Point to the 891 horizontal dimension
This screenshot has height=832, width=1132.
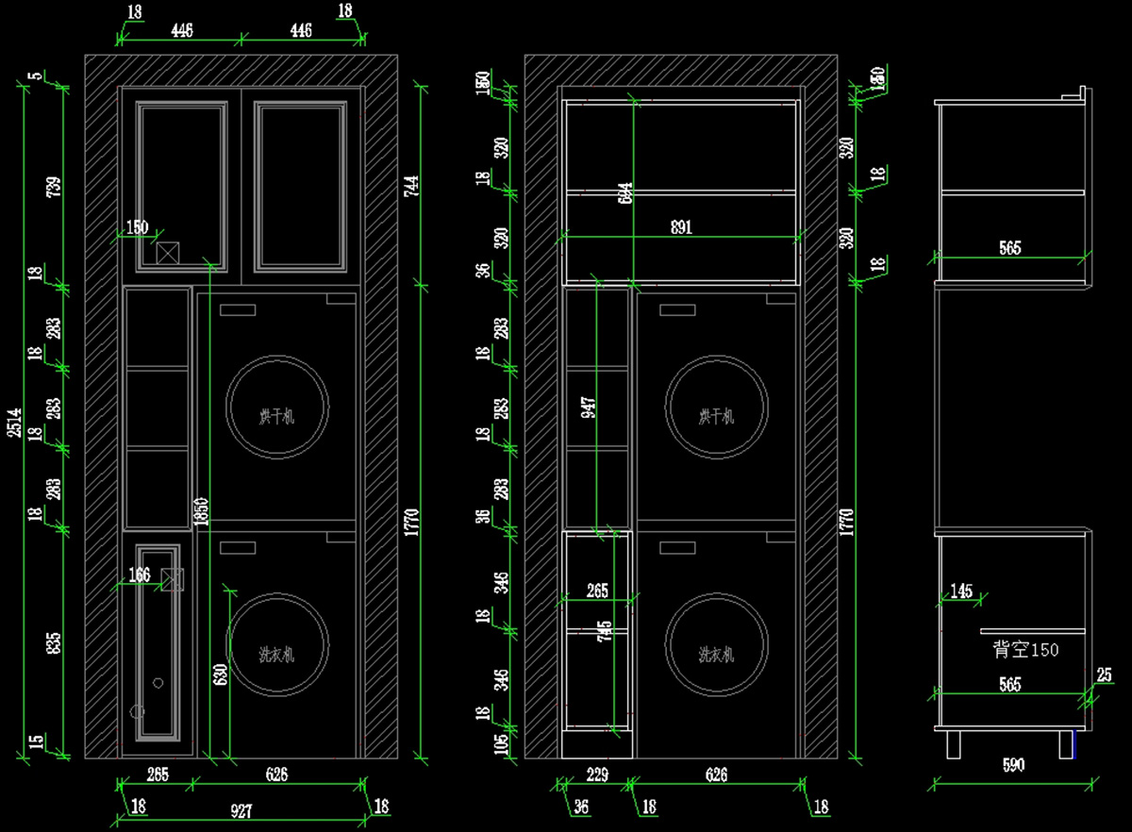[681, 226]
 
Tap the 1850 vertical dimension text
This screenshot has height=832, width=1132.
[201, 512]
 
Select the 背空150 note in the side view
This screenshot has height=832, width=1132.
[1025, 650]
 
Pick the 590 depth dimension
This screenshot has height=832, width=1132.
[1012, 765]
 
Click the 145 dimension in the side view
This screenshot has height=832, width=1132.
[961, 591]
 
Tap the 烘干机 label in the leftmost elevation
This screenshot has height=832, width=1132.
[277, 416]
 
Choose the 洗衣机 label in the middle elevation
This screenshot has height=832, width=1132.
[716, 654]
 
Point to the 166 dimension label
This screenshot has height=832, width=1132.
[139, 574]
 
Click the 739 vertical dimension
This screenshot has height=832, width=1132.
[55, 186]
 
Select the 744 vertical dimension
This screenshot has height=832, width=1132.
[411, 186]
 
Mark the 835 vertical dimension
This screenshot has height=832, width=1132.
[55, 642]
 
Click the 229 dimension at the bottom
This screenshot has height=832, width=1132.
[597, 775]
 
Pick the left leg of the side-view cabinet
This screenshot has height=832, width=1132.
[954, 743]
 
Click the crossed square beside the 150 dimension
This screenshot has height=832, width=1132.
[168, 253]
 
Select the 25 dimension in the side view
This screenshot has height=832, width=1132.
[1105, 675]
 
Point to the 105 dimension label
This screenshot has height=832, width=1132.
[502, 744]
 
